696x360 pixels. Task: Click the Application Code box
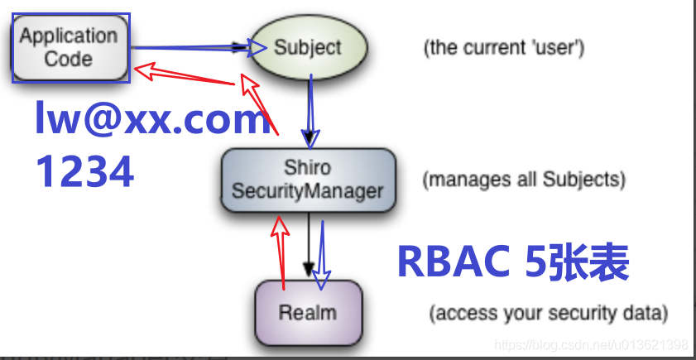click(70, 47)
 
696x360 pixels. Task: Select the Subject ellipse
click(307, 47)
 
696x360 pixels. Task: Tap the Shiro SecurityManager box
click(307, 179)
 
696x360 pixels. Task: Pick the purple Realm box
click(308, 312)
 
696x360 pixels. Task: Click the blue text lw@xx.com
click(152, 120)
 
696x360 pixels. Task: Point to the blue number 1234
click(84, 172)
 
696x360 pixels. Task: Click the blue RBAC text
click(455, 263)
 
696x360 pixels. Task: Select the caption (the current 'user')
click(505, 47)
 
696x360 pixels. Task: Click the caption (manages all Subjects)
click(523, 179)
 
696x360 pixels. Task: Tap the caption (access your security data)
click(548, 314)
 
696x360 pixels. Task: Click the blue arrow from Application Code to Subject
click(190, 48)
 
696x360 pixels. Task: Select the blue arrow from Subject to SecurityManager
click(310, 108)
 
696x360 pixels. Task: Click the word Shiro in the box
click(307, 168)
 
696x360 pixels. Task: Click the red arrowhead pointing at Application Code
click(143, 71)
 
